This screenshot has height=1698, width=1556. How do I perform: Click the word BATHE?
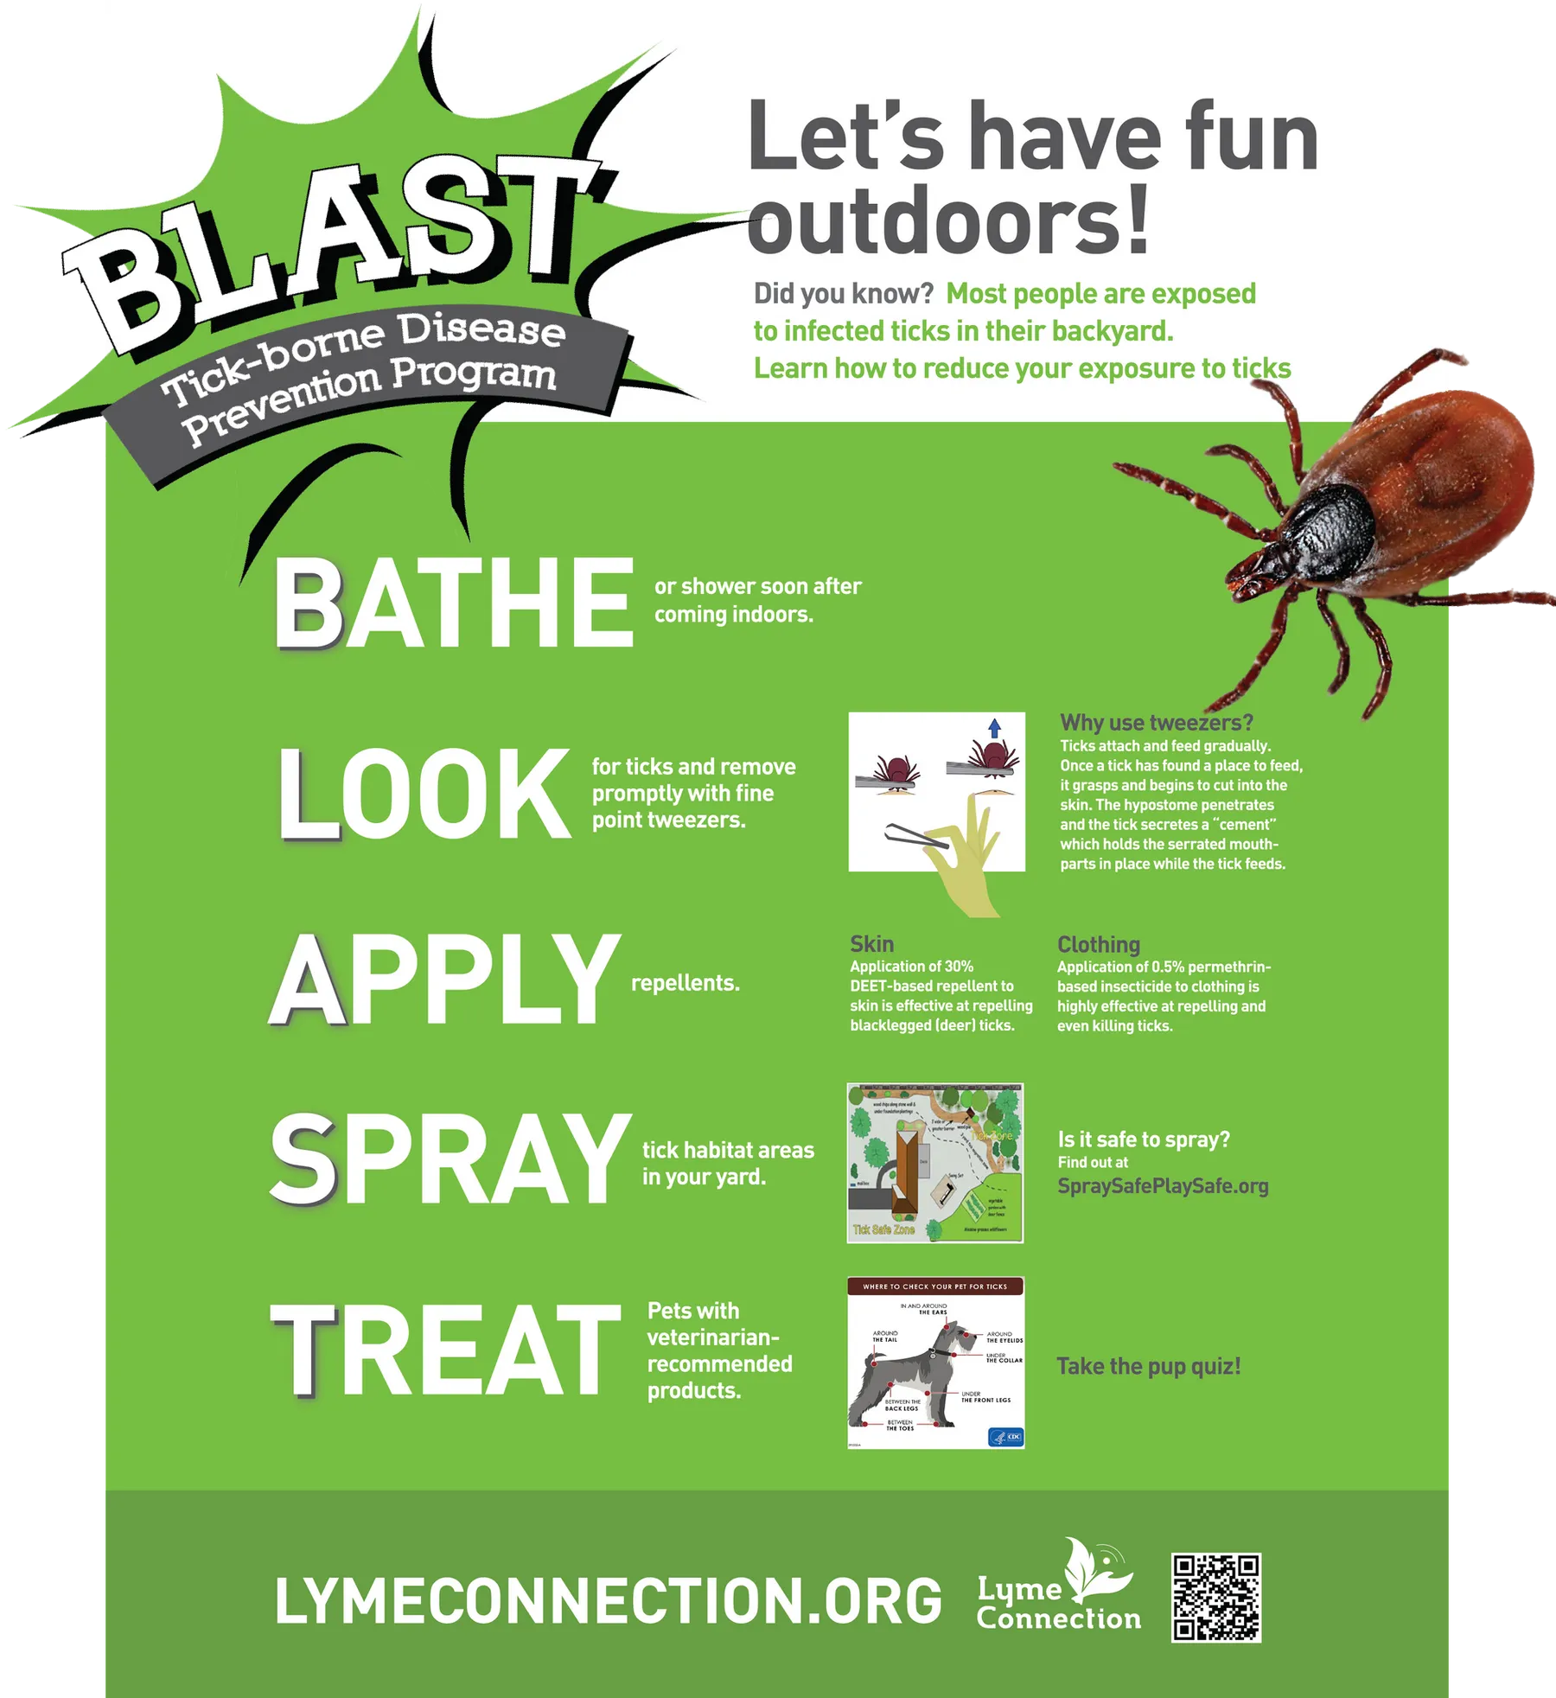pos(453,603)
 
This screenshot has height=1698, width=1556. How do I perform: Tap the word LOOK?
pos(424,794)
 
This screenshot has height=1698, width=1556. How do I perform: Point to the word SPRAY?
pos(450,1160)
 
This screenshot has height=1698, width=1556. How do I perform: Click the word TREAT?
pos(445,1350)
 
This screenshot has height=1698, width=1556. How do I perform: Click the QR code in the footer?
pos(1215,1597)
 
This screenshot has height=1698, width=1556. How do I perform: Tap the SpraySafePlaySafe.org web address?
pos(1163,1186)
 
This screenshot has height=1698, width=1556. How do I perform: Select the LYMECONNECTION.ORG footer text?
pos(608,1600)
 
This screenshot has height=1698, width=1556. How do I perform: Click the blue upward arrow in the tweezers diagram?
pos(994,728)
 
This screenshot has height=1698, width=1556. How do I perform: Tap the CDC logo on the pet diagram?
pos(1005,1437)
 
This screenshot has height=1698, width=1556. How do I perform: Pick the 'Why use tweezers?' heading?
pos(1156,723)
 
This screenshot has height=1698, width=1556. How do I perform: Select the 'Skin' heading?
pos(871,944)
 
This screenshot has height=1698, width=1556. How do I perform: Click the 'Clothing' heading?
pos(1098,944)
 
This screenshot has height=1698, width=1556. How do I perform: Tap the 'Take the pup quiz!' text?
pos(1148,1366)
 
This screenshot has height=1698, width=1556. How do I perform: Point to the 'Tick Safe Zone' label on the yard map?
pos(883,1229)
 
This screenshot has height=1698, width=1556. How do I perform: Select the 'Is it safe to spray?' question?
pos(1143,1139)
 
